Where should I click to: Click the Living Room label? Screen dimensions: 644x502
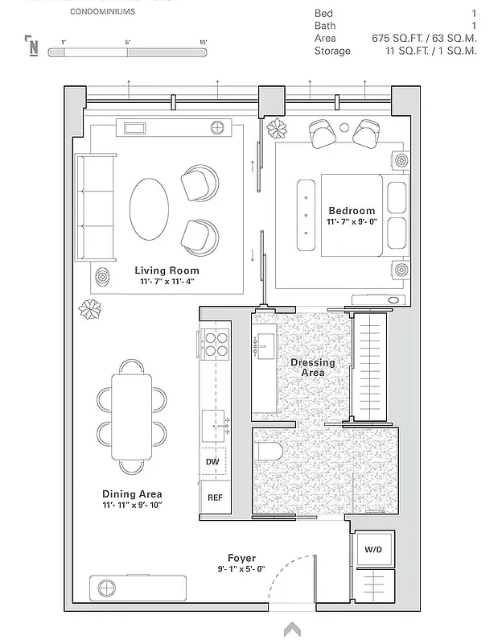click(167, 270)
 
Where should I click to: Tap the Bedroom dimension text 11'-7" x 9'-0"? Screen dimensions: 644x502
click(352, 221)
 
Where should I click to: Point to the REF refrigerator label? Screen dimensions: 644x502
click(215, 497)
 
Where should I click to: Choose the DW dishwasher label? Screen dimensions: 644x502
click(212, 461)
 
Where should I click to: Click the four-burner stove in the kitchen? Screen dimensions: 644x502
click(215, 344)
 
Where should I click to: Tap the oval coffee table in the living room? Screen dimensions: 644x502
click(150, 208)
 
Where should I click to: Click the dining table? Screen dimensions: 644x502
click(131, 415)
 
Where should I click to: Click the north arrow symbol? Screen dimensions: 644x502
click(33, 45)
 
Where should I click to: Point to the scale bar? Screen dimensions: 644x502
click(127, 52)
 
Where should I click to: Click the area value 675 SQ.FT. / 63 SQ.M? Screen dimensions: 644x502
click(424, 38)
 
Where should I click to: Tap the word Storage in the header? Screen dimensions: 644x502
click(332, 51)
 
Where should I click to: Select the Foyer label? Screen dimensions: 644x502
click(241, 558)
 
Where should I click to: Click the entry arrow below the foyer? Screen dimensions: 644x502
click(291, 629)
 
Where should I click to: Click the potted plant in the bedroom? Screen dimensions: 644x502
click(278, 128)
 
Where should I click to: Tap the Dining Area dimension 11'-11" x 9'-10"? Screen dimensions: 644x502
click(132, 506)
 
